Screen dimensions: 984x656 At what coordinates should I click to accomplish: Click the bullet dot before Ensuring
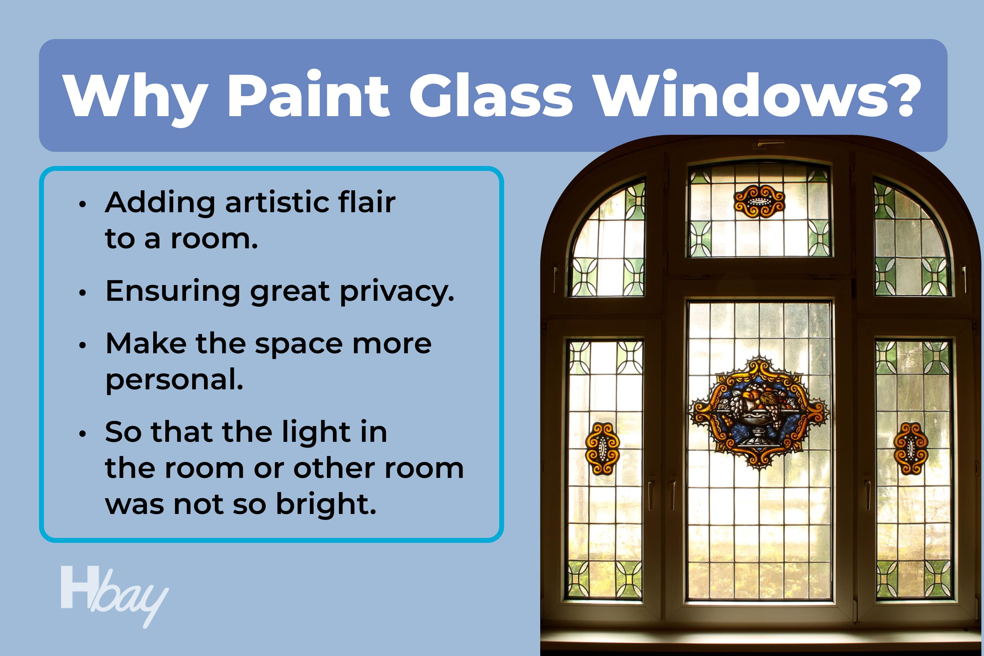pos(82,293)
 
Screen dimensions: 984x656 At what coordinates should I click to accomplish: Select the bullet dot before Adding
pos(82,204)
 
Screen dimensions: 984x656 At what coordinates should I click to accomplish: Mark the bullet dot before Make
pos(82,345)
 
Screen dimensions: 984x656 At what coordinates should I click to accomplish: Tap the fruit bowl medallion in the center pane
pos(759,413)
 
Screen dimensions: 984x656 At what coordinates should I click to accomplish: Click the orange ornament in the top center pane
pos(759,201)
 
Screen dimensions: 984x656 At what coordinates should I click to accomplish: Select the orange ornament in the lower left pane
pos(603,449)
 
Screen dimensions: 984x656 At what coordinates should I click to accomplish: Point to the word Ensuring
pos(173,292)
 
